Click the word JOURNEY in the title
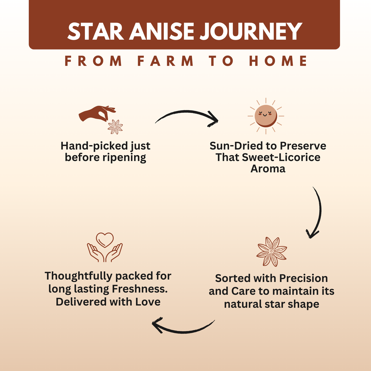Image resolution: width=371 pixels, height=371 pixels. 251,32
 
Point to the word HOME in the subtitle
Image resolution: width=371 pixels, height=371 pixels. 278,61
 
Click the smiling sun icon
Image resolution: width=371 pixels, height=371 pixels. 266,116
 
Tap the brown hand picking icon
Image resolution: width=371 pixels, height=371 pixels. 97,113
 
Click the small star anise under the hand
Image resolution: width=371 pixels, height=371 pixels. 115,127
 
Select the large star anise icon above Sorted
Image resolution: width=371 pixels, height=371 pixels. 272,252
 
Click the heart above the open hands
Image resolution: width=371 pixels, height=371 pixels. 105,239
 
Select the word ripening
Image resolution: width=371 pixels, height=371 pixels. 124,157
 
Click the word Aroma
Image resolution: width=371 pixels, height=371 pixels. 268,169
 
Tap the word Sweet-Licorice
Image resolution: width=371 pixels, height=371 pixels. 281,157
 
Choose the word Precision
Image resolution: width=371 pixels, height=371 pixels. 303,279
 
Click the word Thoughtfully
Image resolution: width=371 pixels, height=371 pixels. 79,276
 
